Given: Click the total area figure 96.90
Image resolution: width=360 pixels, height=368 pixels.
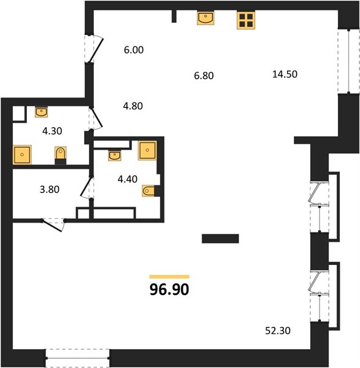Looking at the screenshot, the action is coord(169,289).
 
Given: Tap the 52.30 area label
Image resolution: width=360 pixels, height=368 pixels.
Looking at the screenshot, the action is coord(278,331).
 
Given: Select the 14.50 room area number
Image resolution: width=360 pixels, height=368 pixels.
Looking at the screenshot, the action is coord(285,74).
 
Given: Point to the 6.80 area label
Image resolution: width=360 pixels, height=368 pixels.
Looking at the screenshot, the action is coord(204,76).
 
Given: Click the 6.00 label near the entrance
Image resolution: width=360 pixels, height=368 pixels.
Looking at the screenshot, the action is coord(134,50).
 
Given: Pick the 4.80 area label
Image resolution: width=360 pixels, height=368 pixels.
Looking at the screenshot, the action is coord(133,106).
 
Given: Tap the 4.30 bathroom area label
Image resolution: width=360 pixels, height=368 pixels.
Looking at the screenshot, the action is coord(52,131).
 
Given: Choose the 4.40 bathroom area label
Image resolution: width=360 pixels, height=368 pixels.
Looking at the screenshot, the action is coord(128,179).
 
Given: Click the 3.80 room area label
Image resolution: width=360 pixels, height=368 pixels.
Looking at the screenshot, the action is coord(50,190).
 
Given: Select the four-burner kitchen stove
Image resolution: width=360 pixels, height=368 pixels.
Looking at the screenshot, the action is coord(246,20).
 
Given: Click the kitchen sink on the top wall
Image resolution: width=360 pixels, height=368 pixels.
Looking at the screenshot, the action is coord(205,18).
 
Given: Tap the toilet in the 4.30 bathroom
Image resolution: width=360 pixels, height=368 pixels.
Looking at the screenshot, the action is coord(61,155).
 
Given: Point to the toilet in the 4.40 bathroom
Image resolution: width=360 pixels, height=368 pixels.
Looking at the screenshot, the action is coord(151,191).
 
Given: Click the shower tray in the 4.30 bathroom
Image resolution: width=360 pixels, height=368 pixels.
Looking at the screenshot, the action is coord(22,155).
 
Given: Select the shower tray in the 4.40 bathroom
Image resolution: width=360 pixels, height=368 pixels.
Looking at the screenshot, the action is coord(147,150).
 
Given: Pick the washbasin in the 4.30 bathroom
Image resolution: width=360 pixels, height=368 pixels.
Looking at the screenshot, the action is coord(41,112).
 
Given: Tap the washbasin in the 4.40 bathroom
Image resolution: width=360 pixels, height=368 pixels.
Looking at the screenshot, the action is coord(115,156).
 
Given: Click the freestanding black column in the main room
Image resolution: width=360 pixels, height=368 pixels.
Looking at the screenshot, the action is coord(220,239).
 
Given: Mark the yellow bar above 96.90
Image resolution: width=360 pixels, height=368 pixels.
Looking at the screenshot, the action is coord(169,277).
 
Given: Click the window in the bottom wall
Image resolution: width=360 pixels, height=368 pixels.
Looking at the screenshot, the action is coord(77,358).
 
